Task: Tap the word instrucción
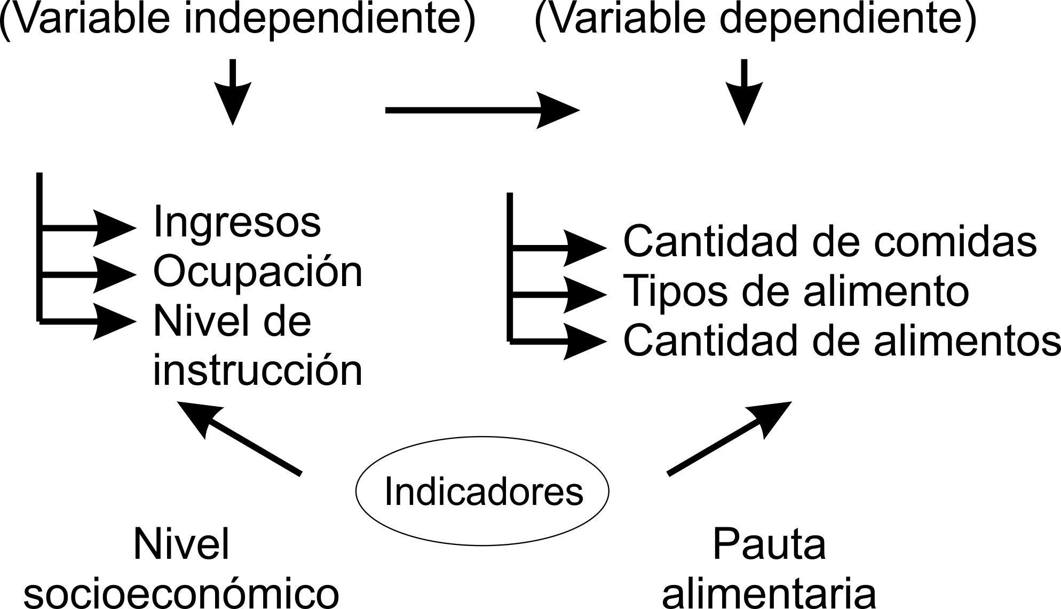258,370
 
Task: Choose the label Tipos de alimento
795,291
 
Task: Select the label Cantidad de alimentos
841,341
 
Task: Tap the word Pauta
769,544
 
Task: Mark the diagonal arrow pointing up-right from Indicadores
729,438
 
